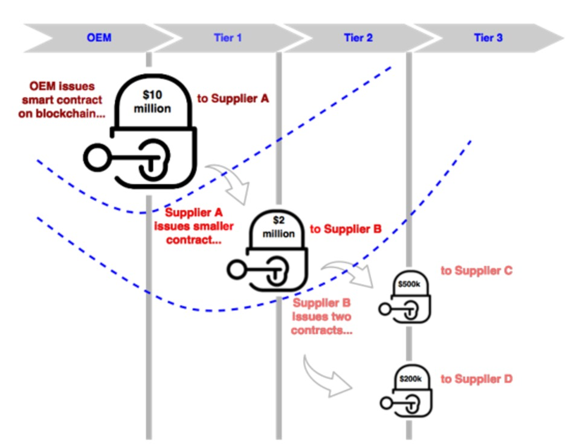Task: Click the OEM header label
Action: [x=98, y=37]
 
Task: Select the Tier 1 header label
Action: [x=228, y=37]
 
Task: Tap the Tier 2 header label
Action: [x=358, y=37]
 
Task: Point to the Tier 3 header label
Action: [x=488, y=37]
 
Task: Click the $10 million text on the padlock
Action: [x=152, y=101]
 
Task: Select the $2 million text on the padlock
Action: [x=279, y=228]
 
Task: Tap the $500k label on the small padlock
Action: [x=409, y=283]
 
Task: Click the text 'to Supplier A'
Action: [x=233, y=98]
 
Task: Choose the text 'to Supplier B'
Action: [x=346, y=229]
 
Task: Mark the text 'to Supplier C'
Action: [x=476, y=270]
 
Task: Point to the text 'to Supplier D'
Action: [x=476, y=379]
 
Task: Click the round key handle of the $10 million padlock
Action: [x=95, y=158]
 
